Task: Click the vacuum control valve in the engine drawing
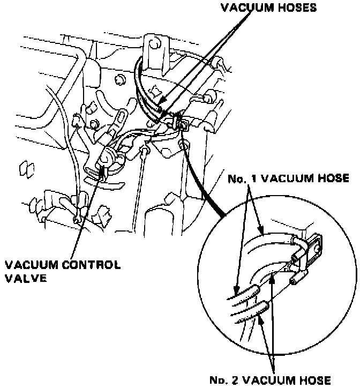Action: pyautogui.click(x=106, y=160)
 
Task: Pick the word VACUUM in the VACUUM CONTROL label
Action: pyautogui.click(x=31, y=265)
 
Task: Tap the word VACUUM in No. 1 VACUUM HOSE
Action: pyautogui.click(x=286, y=179)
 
